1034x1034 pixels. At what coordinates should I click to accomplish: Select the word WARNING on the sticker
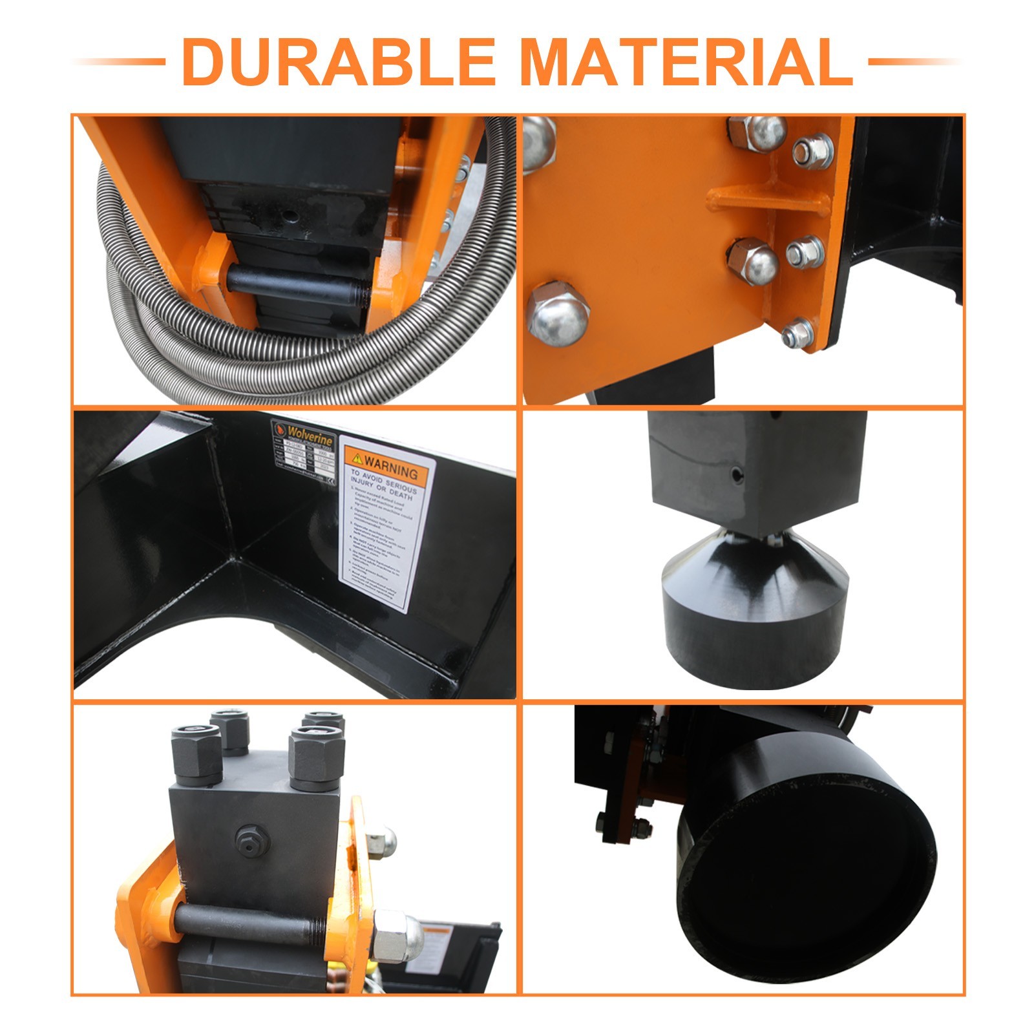tap(391, 463)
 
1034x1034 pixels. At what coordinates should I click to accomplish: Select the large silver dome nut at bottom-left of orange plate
tap(558, 313)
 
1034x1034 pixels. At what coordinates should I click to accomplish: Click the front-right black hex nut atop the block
tap(316, 756)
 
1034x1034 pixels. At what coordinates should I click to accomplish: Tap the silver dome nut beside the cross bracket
tap(753, 261)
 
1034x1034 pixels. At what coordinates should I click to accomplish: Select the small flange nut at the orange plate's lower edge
tap(798, 334)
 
